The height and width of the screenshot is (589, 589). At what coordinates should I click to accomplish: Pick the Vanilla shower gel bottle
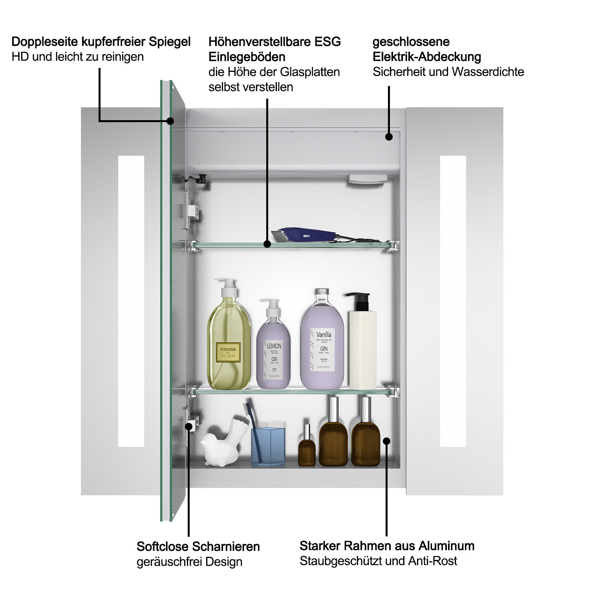tap(322, 346)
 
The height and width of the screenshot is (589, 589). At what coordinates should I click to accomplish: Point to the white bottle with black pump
tap(362, 346)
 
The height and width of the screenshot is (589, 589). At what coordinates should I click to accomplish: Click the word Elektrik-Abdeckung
tap(427, 57)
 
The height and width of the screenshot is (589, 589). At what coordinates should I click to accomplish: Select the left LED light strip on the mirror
tap(131, 301)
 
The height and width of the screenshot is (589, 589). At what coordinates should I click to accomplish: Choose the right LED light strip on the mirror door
tap(453, 301)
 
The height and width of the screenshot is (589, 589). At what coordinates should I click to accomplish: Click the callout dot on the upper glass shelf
tap(267, 244)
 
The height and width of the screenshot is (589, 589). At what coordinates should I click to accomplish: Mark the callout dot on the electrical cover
tap(389, 137)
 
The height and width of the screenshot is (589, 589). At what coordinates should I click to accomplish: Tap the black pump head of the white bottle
tap(358, 301)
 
